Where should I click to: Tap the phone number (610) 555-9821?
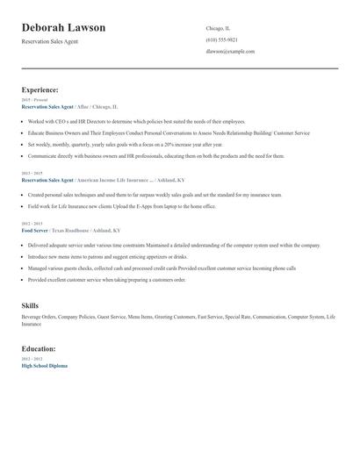221,39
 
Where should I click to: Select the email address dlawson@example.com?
230,51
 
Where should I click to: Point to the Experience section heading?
40,89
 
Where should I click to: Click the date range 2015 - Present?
34,100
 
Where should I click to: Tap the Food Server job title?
36,230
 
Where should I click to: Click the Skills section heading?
30,304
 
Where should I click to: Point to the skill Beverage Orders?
40,316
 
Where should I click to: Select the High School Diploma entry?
44,365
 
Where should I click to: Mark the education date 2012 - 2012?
32,359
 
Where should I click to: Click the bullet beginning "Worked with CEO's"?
137,121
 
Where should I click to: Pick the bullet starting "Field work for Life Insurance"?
123,205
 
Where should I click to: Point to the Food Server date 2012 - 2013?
32,224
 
